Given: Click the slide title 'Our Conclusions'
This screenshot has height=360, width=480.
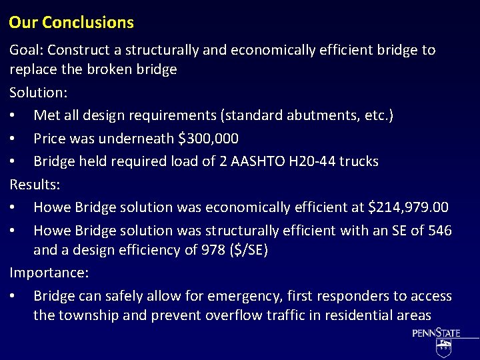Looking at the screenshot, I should pyautogui.click(x=71, y=23).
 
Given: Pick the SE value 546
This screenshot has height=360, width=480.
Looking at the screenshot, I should pyautogui.click(x=439, y=231).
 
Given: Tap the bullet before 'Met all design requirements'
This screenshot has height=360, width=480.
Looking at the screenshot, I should pyautogui.click(x=13, y=115).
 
